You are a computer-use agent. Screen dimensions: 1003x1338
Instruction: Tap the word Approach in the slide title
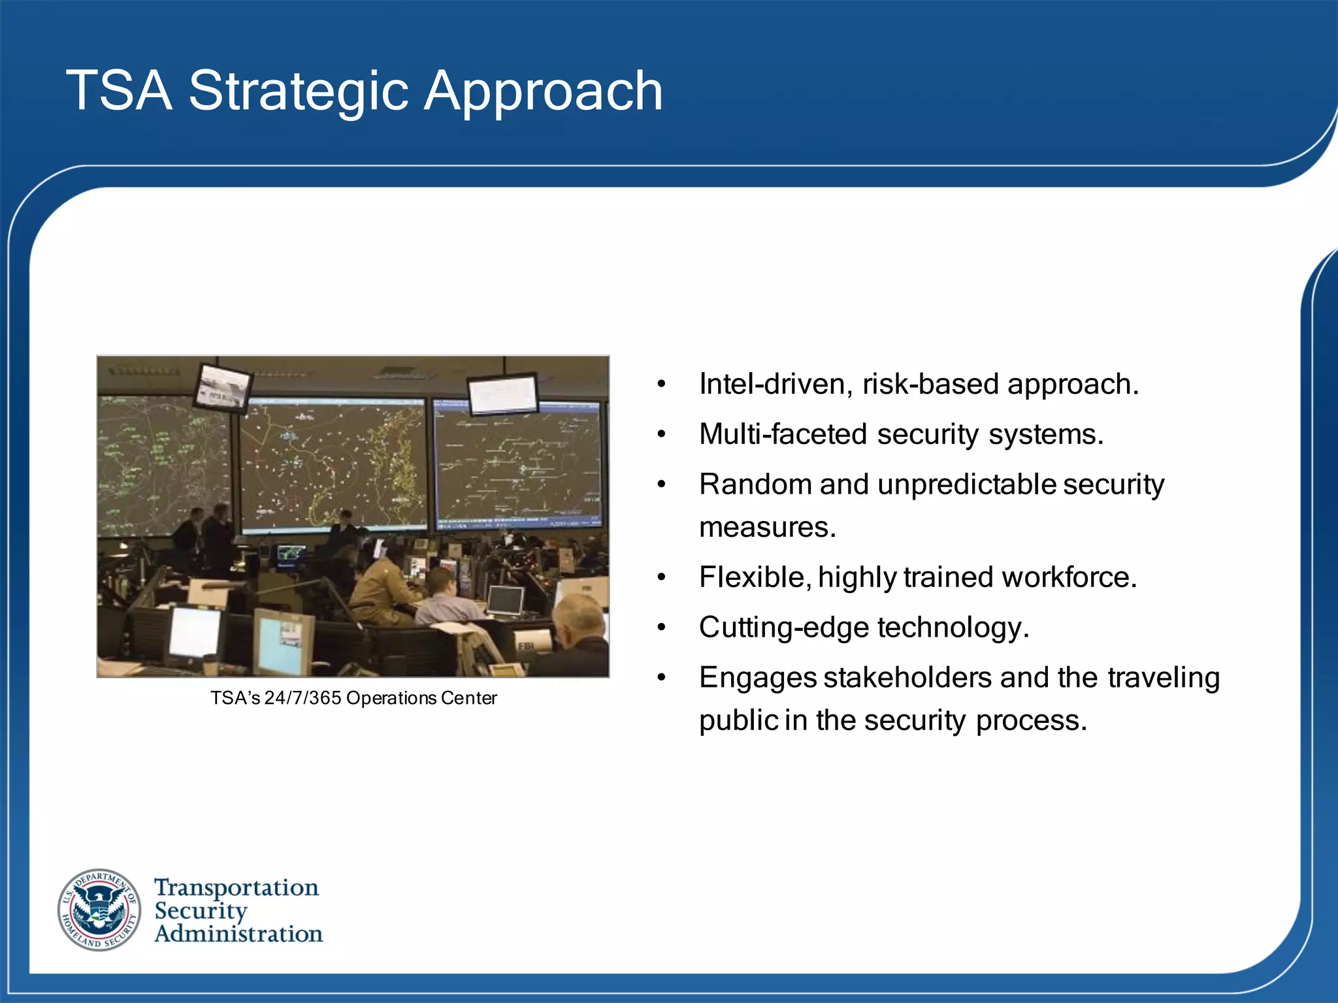pyautogui.click(x=544, y=91)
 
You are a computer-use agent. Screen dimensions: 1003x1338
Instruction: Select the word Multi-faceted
pyautogui.click(x=782, y=434)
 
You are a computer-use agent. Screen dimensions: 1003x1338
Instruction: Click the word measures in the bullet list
pyautogui.click(x=766, y=527)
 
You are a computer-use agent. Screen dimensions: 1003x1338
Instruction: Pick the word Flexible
pyautogui.click(x=753, y=577)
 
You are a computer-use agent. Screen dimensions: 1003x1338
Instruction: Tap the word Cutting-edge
pyautogui.click(x=782, y=628)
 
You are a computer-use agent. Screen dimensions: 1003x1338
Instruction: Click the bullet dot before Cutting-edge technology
pyautogui.click(x=662, y=628)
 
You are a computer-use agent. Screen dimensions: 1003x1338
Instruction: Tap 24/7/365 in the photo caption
pyautogui.click(x=302, y=698)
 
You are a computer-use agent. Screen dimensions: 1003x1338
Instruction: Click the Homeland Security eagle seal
pyautogui.click(x=99, y=910)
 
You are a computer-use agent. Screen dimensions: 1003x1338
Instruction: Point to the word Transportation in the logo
pyautogui.click(x=237, y=887)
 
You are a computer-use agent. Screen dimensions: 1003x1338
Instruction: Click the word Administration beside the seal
pyautogui.click(x=238, y=934)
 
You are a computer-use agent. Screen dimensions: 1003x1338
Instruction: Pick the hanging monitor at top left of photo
pyautogui.click(x=223, y=387)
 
